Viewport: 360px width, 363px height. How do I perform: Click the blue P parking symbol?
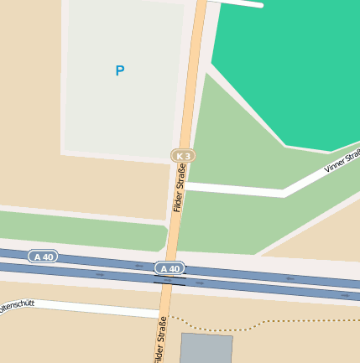tap(119, 71)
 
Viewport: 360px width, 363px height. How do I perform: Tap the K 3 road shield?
tap(183, 156)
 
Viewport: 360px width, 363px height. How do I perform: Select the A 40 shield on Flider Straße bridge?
tap(170, 268)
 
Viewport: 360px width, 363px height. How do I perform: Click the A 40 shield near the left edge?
tap(43, 256)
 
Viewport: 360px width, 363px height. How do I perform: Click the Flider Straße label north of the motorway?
tap(179, 189)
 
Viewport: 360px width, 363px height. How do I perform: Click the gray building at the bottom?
tap(206, 348)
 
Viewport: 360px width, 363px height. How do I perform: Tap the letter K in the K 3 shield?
tap(180, 156)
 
